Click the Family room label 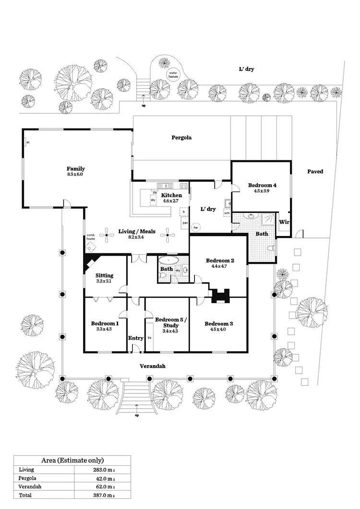pos(76,168)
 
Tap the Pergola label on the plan pos(181,138)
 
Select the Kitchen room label pos(171,195)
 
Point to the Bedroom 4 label pos(262,185)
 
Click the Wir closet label pos(284,222)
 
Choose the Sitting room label pos(104,275)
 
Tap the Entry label pos(136,338)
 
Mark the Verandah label pos(153,366)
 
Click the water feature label pos(173,74)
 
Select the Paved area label pos(315,171)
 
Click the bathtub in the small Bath pos(168,261)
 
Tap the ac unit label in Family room pos(28,142)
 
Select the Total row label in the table pos(25,495)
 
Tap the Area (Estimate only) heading pos(72,460)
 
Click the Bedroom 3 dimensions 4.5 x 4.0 pos(218,329)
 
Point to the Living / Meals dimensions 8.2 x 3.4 pos(137,237)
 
